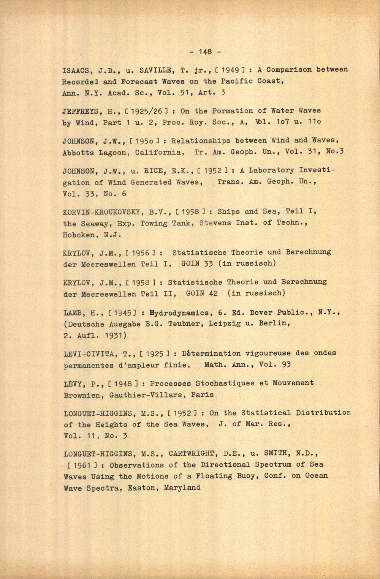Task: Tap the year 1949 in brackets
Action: (230, 70)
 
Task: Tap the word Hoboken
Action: (79, 235)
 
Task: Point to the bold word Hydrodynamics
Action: (180, 313)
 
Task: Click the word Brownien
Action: (81, 395)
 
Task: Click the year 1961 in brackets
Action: (80, 465)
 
